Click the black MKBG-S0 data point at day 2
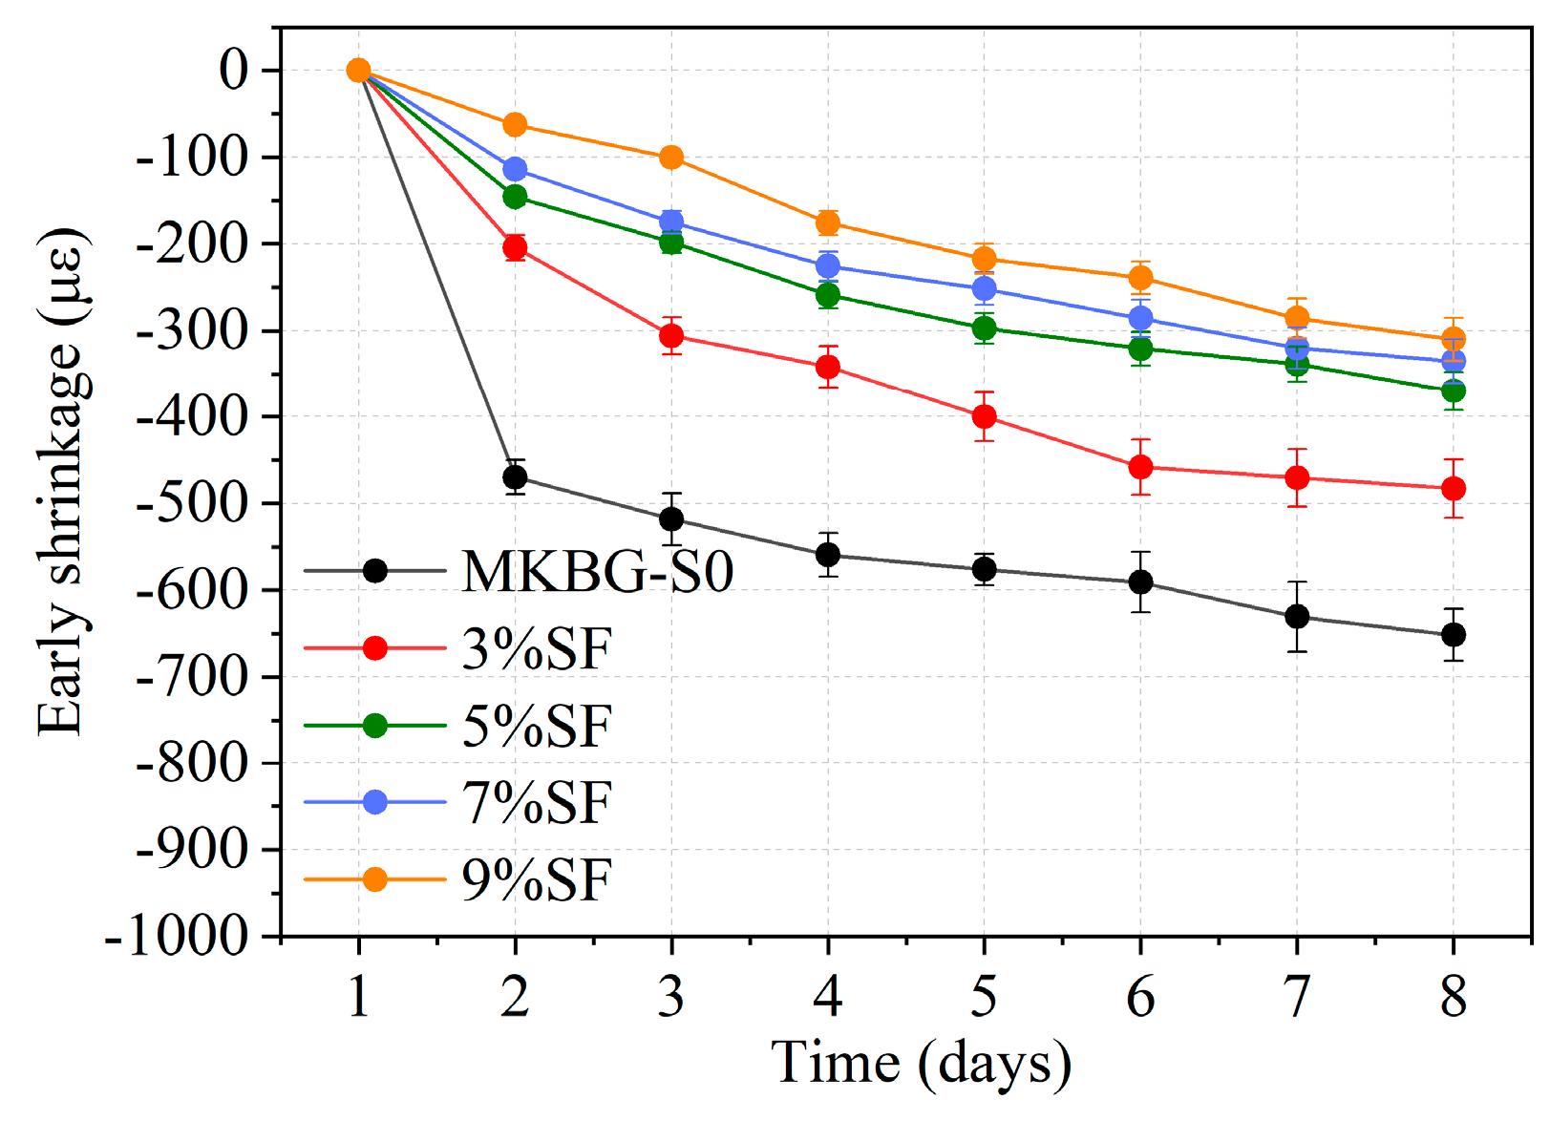coord(515,476)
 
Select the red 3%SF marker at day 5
coord(984,416)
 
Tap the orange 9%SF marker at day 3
coord(671,158)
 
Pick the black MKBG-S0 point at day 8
coord(1454,635)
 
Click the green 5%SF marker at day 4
coord(828,295)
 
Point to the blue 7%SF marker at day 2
coord(515,169)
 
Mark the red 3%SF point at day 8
coord(1454,489)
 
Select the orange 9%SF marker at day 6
coord(1140,278)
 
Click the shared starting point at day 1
coord(358,71)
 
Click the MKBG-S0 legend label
coord(598,572)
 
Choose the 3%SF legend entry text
coord(537,649)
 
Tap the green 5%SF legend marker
coord(375,726)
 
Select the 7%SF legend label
coord(537,803)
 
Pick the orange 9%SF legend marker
coord(375,879)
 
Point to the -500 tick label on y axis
coord(192,504)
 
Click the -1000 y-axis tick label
coord(176,937)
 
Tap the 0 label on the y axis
coord(233,71)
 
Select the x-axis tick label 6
coord(1140,997)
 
